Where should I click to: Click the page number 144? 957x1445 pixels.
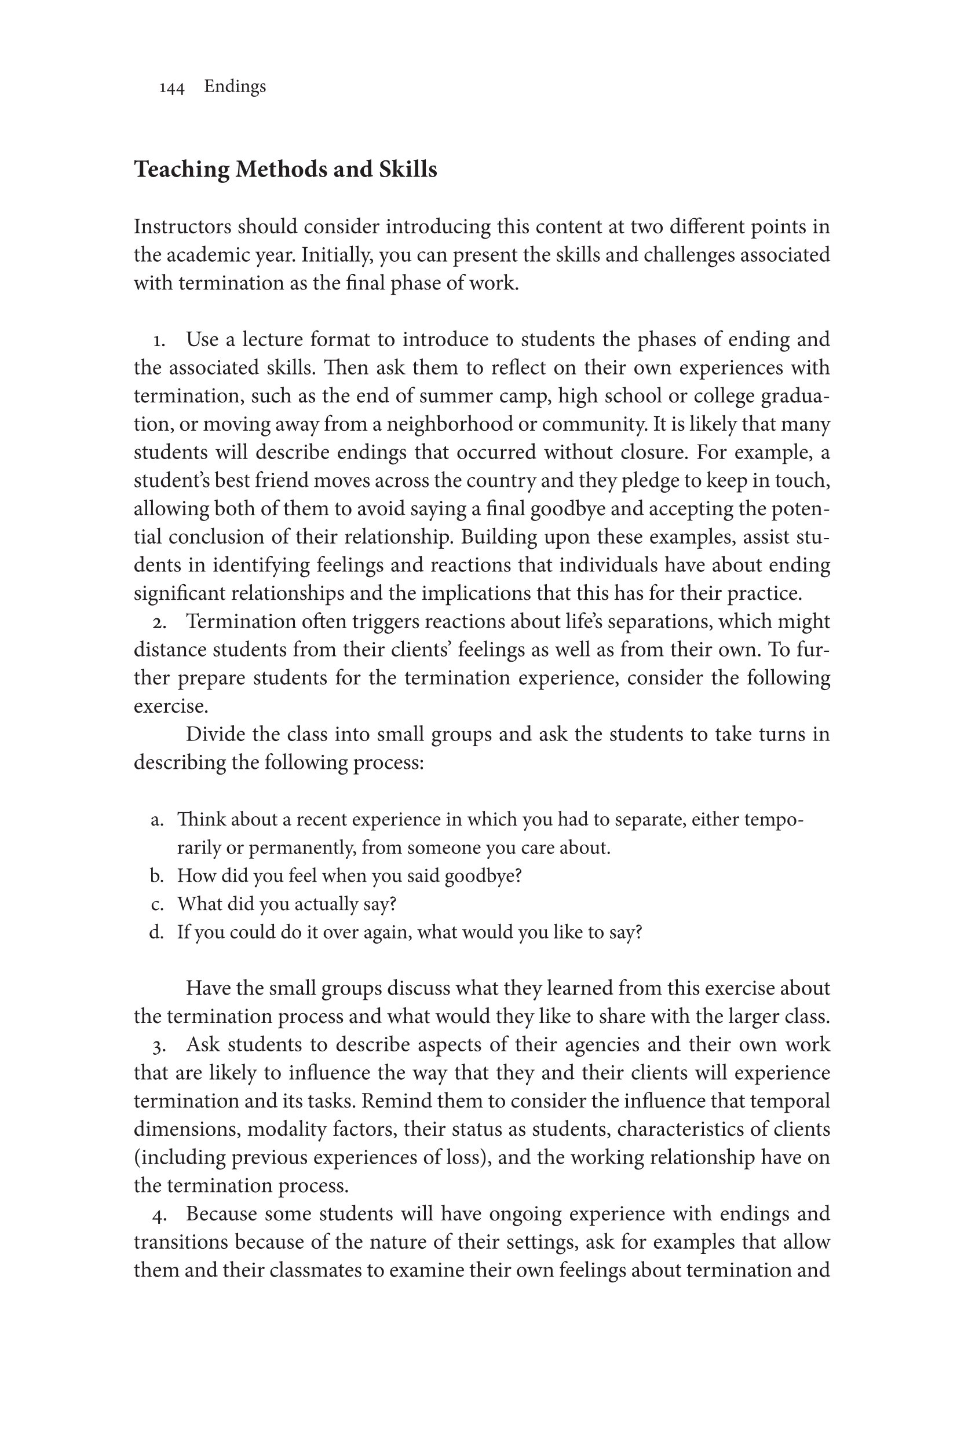pyautogui.click(x=171, y=89)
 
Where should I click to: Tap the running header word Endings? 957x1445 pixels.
pyautogui.click(x=235, y=87)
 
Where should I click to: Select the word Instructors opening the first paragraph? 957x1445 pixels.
pyautogui.click(x=182, y=227)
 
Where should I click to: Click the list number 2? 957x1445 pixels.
pyautogui.click(x=159, y=623)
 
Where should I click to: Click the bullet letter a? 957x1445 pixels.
pyautogui.click(x=157, y=820)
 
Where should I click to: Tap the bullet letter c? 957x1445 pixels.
pyautogui.click(x=157, y=904)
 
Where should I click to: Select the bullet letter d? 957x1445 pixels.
pyautogui.click(x=157, y=932)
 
